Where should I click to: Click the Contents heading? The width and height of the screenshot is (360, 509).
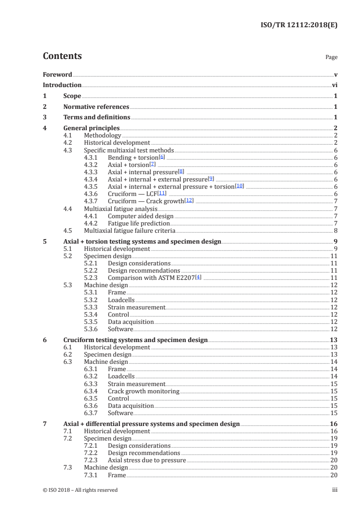pyautogui.click(x=62, y=56)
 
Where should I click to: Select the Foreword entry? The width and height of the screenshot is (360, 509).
pyautogui.click(x=57, y=74)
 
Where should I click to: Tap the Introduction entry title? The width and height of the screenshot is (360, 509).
pyautogui.click(x=62, y=85)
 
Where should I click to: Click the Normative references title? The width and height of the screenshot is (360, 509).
pyautogui.click(x=96, y=107)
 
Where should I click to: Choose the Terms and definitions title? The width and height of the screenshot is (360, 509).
pyautogui.click(x=97, y=117)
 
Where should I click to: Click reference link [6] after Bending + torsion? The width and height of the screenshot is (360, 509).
pyautogui.click(x=162, y=157)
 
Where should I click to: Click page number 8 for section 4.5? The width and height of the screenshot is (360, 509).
pyautogui.click(x=335, y=230)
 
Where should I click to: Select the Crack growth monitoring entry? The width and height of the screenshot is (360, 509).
pyautogui.click(x=143, y=391)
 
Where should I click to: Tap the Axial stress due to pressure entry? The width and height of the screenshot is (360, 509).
pyautogui.click(x=147, y=460)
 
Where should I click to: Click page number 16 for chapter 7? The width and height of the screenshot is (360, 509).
pyautogui.click(x=334, y=424)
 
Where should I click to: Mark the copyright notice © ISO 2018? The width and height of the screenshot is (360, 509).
pyautogui.click(x=80, y=490)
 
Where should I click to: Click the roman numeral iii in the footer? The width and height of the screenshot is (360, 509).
pyautogui.click(x=335, y=490)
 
